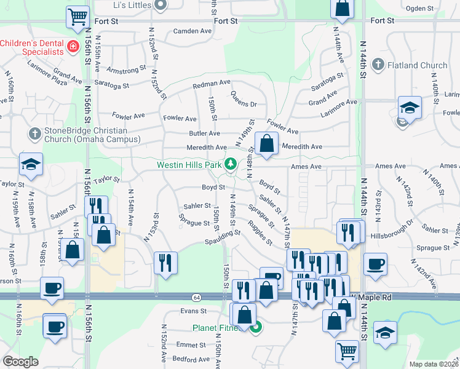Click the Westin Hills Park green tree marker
(x=231, y=164)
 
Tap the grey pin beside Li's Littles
(x=161, y=5)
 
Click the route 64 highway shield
(x=196, y=297)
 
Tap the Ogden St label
(x=421, y=8)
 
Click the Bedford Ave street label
(x=188, y=358)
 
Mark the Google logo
(x=20, y=362)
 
